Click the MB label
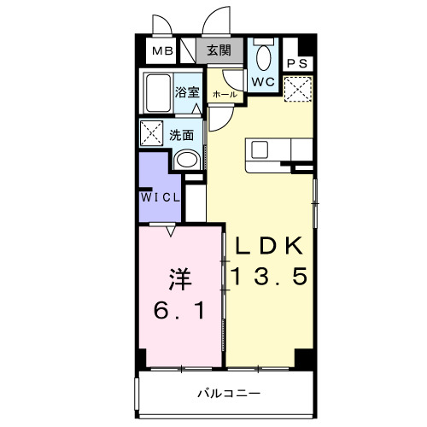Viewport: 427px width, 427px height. [x=162, y=51]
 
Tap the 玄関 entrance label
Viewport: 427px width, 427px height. [x=219, y=50]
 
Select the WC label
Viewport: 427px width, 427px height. [x=262, y=81]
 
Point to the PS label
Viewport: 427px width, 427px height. [x=298, y=63]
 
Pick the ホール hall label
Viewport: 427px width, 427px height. [x=223, y=94]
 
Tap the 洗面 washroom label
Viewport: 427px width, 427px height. [x=180, y=134]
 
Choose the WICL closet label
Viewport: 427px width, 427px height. [x=161, y=196]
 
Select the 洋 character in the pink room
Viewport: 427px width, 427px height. [x=178, y=278]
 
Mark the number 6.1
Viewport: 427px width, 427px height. [x=178, y=311]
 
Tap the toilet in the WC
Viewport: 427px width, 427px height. [x=264, y=58]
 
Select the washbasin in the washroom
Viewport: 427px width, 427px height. [x=184, y=159]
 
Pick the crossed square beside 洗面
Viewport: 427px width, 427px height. [x=152, y=133]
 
